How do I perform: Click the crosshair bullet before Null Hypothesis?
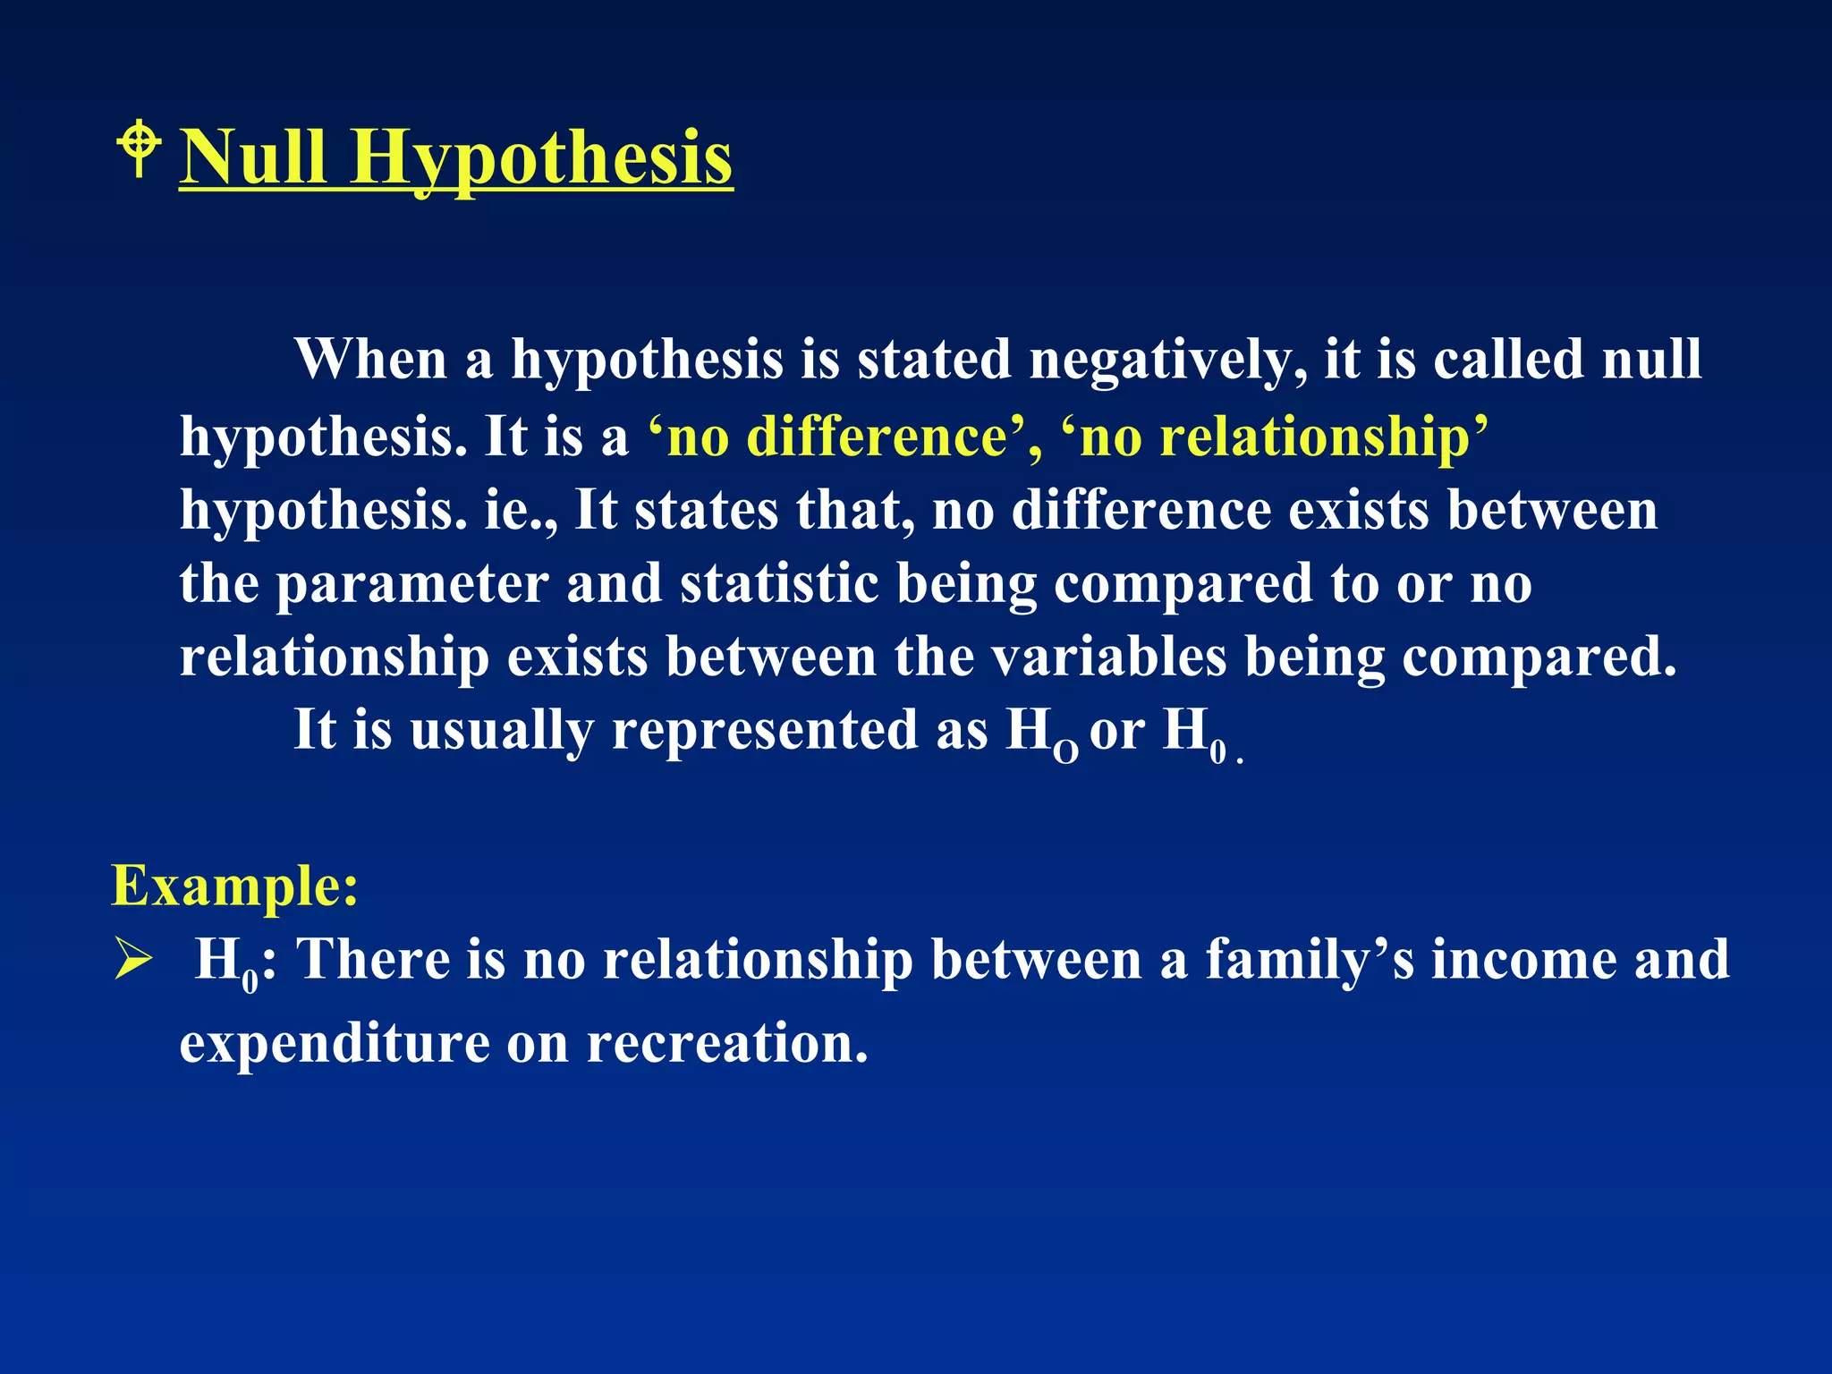pyautogui.click(x=139, y=150)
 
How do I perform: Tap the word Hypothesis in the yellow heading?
pyautogui.click(x=540, y=159)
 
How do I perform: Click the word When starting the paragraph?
pyautogui.click(x=370, y=360)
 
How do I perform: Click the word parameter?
pyautogui.click(x=412, y=585)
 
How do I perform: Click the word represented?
pyautogui.click(x=765, y=731)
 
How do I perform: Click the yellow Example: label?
pyautogui.click(x=234, y=886)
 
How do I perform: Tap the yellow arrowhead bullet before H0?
pyautogui.click(x=134, y=962)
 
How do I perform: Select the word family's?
pyautogui.click(x=1310, y=960)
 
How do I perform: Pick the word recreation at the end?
pyautogui.click(x=726, y=1044)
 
